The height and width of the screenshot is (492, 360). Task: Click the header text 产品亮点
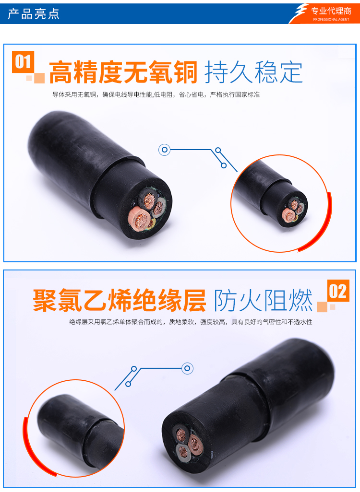click(34, 14)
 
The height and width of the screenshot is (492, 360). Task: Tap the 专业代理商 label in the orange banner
click(331, 11)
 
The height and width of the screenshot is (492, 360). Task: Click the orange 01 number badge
click(23, 62)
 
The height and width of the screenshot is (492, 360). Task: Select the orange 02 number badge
click(338, 291)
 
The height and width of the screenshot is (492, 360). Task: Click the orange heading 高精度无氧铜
click(123, 72)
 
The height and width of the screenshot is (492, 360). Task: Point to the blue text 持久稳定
click(253, 72)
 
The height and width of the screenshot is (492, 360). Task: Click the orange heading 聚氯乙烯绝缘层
click(120, 300)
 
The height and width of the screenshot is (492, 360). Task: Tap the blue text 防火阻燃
click(263, 300)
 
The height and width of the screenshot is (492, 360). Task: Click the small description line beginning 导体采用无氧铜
click(156, 94)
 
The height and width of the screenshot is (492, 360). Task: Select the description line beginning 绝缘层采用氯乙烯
click(191, 322)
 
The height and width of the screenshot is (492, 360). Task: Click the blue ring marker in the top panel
click(164, 150)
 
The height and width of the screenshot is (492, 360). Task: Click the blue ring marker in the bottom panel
click(187, 368)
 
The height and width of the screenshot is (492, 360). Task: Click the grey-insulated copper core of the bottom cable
click(183, 452)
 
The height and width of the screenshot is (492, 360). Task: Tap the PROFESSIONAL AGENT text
click(331, 20)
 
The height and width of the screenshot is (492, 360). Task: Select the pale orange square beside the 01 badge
click(39, 78)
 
